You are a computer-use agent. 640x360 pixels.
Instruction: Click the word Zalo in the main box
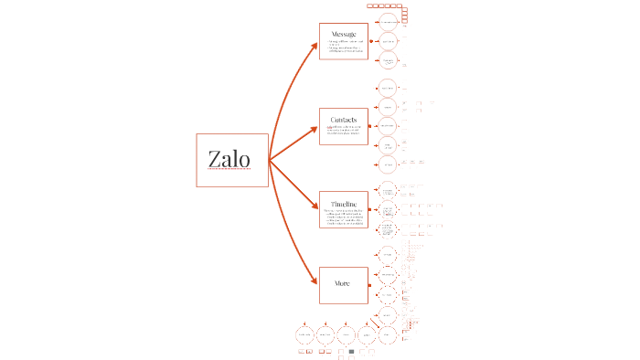229,158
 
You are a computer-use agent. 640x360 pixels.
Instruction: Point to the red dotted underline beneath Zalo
229,170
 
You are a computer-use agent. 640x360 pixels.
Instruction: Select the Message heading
344,34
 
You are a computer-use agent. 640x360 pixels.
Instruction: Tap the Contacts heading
344,119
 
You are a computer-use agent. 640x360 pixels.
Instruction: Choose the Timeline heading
344,203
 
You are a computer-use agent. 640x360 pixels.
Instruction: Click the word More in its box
343,283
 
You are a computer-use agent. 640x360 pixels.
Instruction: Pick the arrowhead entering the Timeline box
314,208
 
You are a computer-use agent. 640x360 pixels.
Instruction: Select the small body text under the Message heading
344,48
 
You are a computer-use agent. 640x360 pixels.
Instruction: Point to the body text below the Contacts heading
344,132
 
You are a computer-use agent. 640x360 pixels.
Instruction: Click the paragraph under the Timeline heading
344,217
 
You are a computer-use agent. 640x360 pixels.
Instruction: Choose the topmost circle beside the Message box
388,21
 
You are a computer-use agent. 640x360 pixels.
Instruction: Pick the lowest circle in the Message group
388,60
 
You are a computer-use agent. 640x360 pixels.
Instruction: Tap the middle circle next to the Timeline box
388,209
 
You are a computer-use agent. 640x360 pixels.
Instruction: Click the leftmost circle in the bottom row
306,335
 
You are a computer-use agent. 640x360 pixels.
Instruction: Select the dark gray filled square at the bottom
351,351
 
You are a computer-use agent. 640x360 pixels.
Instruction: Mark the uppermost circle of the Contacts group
388,88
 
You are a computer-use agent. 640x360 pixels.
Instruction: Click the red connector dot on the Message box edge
370,41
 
